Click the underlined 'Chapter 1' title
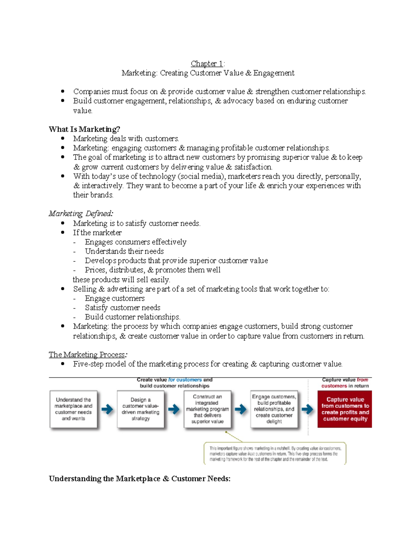point(207,64)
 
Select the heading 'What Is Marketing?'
point(84,129)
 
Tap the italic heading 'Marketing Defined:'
point(81,213)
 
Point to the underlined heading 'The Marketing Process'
point(87,354)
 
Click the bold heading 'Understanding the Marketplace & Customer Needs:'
point(139,479)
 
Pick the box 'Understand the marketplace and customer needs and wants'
point(73,409)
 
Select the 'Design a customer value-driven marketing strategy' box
point(140,409)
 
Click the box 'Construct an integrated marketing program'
point(207,409)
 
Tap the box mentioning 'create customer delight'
point(274,409)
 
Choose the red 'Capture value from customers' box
point(345,409)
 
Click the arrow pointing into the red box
point(307,409)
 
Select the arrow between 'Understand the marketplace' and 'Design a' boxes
point(107,409)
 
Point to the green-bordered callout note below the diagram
point(275,453)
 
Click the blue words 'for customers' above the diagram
point(185,380)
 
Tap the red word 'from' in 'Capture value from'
point(362,380)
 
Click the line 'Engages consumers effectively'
point(136,242)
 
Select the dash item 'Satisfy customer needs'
point(122,308)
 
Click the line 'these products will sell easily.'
point(121,280)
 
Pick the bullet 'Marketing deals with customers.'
point(126,138)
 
